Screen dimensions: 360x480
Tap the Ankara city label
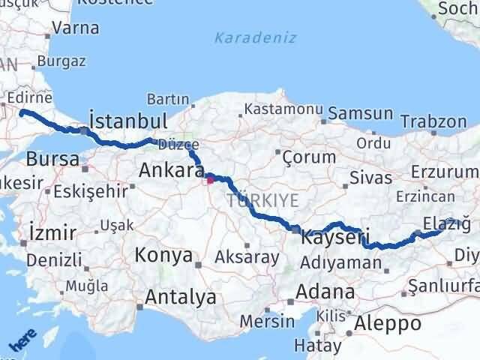click(167, 171)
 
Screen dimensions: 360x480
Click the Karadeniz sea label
click(255, 37)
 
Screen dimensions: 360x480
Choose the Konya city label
click(163, 255)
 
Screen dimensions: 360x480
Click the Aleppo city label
click(388, 323)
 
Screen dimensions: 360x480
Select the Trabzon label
click(433, 121)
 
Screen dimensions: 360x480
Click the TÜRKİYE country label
click(263, 199)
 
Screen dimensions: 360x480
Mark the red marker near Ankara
click(211, 178)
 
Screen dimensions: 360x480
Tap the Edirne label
click(29, 98)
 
